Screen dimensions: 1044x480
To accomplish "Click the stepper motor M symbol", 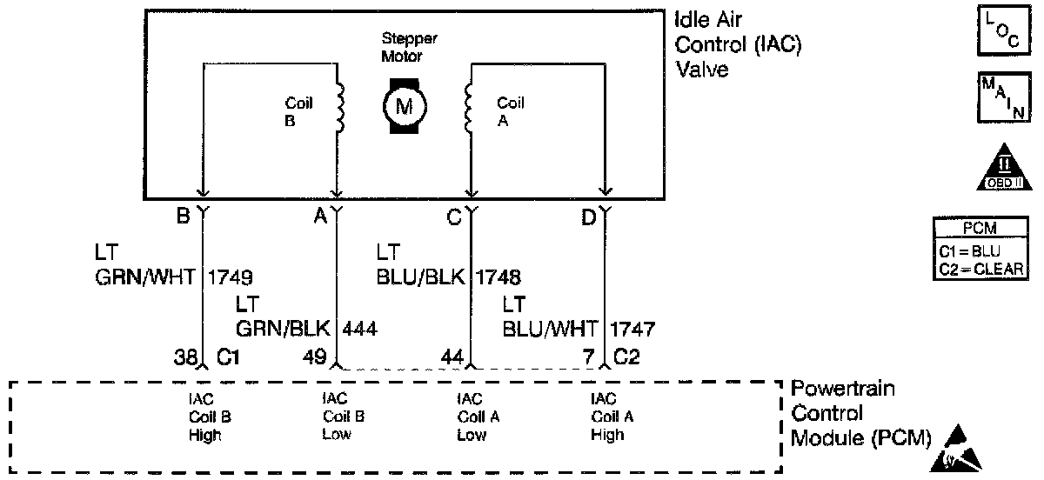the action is tap(405, 106).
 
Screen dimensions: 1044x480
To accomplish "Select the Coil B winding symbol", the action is tap(340, 108).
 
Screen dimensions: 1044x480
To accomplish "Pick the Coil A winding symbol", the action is tap(468, 108).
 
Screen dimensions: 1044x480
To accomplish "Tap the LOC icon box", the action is tap(1004, 30).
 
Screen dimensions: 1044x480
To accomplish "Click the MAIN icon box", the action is tap(1004, 97).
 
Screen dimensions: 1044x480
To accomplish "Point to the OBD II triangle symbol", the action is tap(1004, 168).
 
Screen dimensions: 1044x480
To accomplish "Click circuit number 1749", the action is tap(230, 277).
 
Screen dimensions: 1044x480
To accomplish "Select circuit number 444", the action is tap(359, 330).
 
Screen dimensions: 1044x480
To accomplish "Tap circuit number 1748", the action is tap(498, 277).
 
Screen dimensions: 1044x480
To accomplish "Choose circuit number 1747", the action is tap(632, 330).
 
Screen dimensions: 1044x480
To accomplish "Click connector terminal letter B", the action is tap(184, 216).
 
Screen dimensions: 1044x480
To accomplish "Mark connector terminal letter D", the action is tap(589, 217).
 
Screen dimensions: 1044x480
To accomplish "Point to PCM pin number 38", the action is tap(185, 357).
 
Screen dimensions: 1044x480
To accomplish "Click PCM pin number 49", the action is tap(314, 357).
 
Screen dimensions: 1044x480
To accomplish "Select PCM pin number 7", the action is tap(589, 357).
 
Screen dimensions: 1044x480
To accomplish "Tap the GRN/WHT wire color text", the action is tap(145, 277).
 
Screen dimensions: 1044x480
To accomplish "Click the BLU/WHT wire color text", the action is tap(550, 330).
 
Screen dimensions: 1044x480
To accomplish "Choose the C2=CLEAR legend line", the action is tap(981, 270).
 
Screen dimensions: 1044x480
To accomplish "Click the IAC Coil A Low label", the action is tap(478, 417).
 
